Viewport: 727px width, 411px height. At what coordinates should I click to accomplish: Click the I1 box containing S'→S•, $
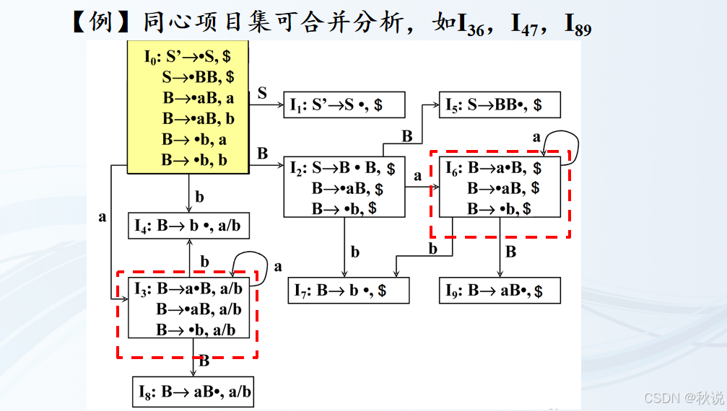click(x=343, y=105)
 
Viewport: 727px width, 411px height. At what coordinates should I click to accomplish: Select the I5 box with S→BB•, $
click(x=497, y=105)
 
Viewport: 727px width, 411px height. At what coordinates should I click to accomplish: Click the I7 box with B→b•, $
click(x=348, y=291)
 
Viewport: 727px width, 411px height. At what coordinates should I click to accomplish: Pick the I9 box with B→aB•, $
click(x=500, y=291)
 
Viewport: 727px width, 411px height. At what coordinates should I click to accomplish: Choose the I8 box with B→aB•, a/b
click(x=193, y=392)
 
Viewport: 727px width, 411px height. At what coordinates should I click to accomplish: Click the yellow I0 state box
click(x=188, y=107)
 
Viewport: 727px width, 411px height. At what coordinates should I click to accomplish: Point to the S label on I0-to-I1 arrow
click(x=262, y=93)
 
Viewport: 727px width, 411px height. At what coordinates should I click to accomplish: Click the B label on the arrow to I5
click(x=406, y=136)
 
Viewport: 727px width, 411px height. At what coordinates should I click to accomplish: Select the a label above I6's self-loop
click(x=536, y=136)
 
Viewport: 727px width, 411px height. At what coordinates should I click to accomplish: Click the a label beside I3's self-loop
click(x=278, y=267)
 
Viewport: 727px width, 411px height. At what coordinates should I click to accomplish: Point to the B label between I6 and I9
click(x=510, y=252)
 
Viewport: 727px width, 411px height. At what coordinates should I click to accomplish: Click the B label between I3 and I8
click(x=204, y=361)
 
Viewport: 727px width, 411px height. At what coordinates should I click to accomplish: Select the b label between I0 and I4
click(x=199, y=197)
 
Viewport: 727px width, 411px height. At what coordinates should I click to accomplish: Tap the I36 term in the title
click(x=469, y=24)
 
